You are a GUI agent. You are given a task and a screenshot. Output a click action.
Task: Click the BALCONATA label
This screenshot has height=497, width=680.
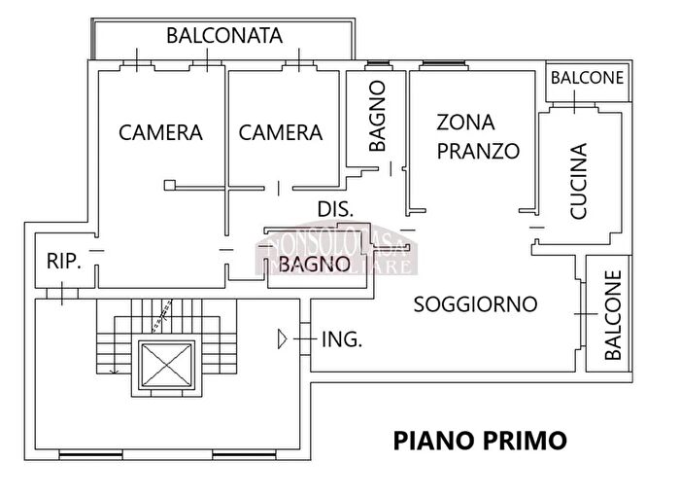pyautogui.click(x=224, y=36)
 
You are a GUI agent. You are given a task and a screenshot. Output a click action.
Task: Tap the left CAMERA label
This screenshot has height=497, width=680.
pyautogui.click(x=160, y=132)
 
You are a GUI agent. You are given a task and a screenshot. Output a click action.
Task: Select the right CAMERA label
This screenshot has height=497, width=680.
pyautogui.click(x=281, y=132)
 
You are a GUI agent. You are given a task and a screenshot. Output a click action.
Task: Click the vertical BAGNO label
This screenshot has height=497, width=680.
pyautogui.click(x=378, y=116)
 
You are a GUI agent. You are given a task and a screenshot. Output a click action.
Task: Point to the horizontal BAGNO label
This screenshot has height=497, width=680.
pyautogui.click(x=314, y=264)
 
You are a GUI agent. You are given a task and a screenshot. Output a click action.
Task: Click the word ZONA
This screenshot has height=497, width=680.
pyautogui.click(x=465, y=123)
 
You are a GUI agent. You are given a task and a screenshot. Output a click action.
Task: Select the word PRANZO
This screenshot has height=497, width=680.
pyautogui.click(x=478, y=152)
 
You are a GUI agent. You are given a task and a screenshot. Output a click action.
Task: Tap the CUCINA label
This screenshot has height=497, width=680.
pyautogui.click(x=578, y=181)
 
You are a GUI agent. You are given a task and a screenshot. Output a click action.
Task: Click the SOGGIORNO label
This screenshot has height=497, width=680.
pyautogui.click(x=475, y=304)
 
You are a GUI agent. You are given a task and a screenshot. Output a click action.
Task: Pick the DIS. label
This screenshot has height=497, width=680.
pyautogui.click(x=336, y=209)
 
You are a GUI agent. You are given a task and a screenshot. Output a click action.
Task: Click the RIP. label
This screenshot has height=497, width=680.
pyautogui.click(x=65, y=262)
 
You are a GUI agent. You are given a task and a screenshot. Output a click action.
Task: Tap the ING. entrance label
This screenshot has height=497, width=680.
pyautogui.click(x=342, y=339)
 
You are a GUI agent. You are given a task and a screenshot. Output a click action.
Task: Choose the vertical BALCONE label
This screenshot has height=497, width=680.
pyautogui.click(x=613, y=317)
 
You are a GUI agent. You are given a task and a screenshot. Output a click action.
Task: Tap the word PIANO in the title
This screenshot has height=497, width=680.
pyautogui.click(x=433, y=441)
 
